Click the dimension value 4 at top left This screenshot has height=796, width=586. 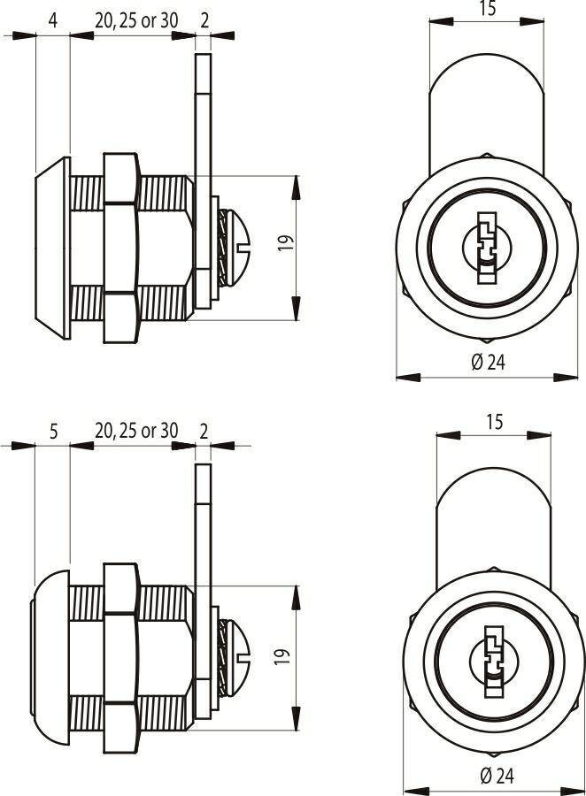[x=53, y=21]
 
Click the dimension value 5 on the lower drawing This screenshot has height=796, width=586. [x=53, y=432]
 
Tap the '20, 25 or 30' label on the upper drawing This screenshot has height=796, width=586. [x=136, y=21]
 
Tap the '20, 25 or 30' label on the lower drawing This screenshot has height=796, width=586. [x=136, y=431]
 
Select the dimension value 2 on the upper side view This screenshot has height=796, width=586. [x=204, y=21]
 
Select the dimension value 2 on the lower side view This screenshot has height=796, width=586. [x=204, y=432]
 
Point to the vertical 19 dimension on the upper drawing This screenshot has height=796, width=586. [x=286, y=243]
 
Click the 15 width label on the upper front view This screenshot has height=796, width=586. [x=487, y=9]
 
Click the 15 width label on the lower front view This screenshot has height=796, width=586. [x=494, y=422]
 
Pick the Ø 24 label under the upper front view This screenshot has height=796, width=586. [x=488, y=363]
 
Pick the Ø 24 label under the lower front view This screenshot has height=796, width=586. [x=497, y=776]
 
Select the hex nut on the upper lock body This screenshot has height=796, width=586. [x=121, y=248]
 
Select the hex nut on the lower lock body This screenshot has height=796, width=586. [x=121, y=658]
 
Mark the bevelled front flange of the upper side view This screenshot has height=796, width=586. [x=53, y=249]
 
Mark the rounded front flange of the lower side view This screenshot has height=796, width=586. [x=50, y=658]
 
